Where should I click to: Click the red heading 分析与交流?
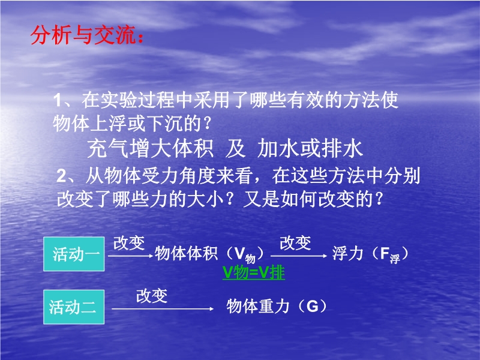87,35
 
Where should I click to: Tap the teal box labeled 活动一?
74,254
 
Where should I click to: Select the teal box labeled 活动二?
74,307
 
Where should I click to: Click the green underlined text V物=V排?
253,272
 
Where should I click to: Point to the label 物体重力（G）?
277,306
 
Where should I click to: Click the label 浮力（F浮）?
370,254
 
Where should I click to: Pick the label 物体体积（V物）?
209,254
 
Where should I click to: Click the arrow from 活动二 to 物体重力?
163,309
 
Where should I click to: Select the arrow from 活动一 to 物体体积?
131,256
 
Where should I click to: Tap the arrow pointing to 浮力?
299,256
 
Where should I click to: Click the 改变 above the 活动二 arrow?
152,296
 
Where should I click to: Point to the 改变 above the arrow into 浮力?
295,243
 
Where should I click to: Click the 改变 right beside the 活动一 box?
129,243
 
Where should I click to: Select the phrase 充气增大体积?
150,149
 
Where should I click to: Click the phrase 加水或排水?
310,149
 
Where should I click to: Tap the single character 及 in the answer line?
235,149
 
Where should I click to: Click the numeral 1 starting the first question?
58,100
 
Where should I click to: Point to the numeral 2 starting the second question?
61,176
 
